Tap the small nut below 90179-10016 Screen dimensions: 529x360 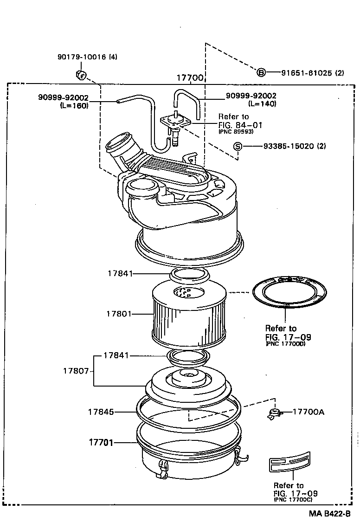tap(80, 74)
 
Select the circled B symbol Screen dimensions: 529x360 tap(261, 72)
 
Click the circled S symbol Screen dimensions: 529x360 tap(237, 147)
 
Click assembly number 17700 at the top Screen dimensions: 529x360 tap(190, 78)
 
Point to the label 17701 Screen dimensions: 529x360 tap(101, 443)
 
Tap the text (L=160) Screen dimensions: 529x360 tap(74, 105)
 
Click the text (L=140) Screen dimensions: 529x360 tap(262, 104)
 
